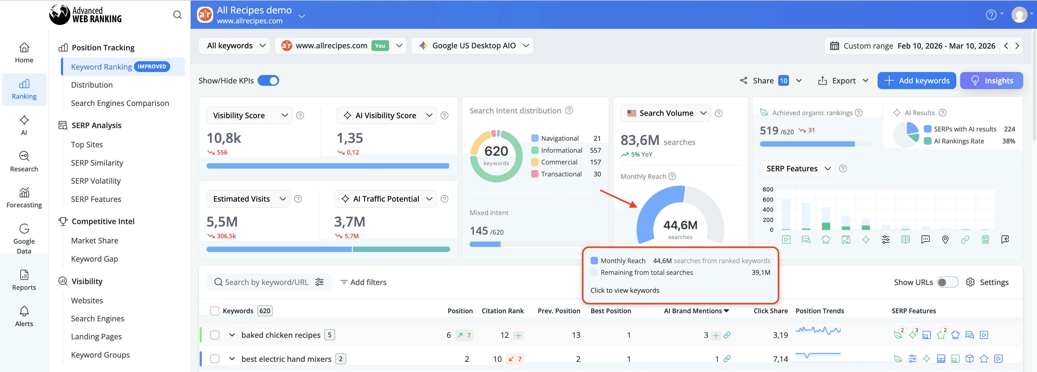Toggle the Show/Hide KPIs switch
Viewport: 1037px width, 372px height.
pyautogui.click(x=268, y=81)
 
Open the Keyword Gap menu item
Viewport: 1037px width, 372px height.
pyautogui.click(x=94, y=259)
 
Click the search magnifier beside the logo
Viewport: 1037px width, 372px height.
pyautogui.click(x=177, y=15)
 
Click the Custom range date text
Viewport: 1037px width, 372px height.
pyautogui.click(x=868, y=46)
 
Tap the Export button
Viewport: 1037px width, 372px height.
pyautogui.click(x=843, y=81)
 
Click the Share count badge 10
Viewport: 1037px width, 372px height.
pyautogui.click(x=783, y=81)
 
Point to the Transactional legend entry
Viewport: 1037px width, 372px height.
pyautogui.click(x=561, y=174)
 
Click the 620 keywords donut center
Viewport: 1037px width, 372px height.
pyautogui.click(x=496, y=155)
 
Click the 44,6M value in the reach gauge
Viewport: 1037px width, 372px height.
pyautogui.click(x=680, y=225)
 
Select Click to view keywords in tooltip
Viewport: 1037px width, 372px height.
pyautogui.click(x=624, y=290)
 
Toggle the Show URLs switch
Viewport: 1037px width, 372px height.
pyautogui.click(x=947, y=282)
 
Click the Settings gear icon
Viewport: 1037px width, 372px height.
pyautogui.click(x=970, y=282)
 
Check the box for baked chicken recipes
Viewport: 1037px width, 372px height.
pyautogui.click(x=215, y=335)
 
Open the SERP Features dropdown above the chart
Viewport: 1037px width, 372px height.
pyautogui.click(x=797, y=169)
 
